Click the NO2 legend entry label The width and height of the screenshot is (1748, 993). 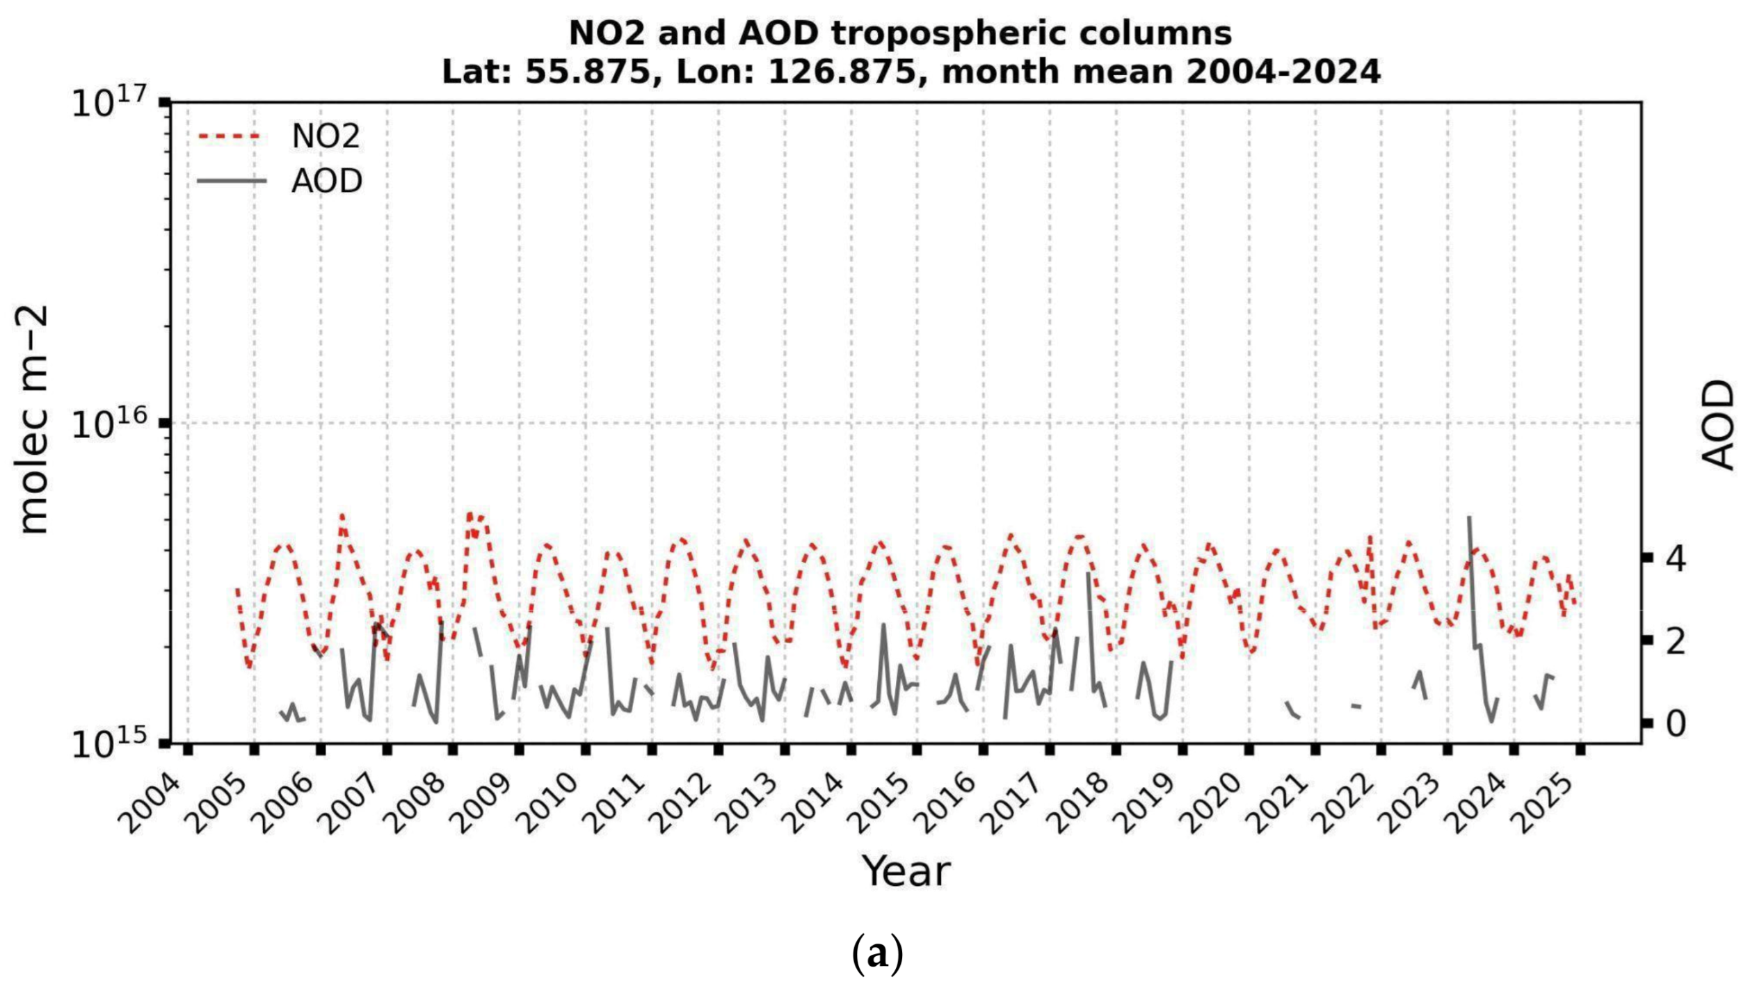point(325,136)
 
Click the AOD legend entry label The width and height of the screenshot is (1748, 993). point(326,181)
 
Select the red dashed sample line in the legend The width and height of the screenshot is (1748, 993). point(230,136)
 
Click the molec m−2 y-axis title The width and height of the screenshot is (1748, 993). point(33,420)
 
